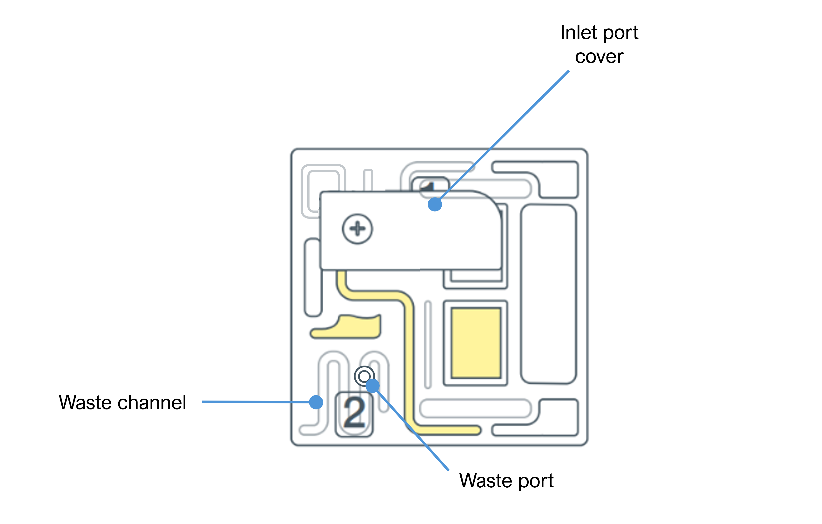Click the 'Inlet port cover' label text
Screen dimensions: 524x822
[599, 44]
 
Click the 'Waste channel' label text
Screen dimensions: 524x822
[122, 402]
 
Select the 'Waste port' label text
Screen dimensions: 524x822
[506, 481]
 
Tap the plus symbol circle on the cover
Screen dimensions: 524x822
[357, 229]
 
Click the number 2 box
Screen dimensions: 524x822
[354, 414]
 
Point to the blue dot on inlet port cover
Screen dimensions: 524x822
[435, 204]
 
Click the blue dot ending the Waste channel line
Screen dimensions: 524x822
[316, 402]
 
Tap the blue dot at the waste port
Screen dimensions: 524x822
[372, 386]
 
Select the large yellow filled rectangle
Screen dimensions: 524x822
[476, 343]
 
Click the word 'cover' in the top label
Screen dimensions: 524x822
[599, 57]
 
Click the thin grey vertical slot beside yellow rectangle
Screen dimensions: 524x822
[428, 344]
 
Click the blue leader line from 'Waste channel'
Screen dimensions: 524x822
[256, 402]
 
